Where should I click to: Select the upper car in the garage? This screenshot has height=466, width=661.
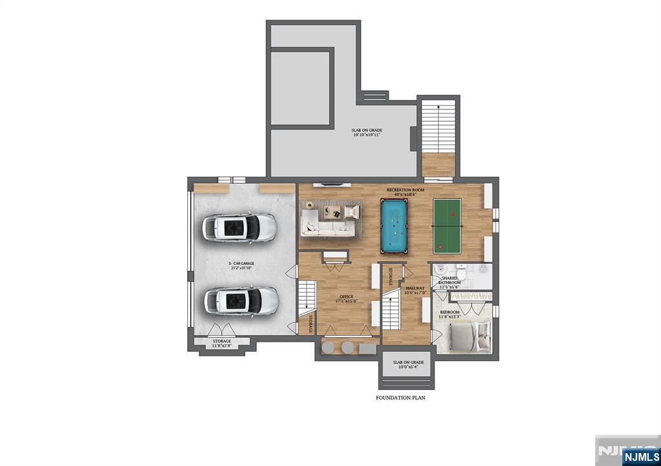tap(239, 227)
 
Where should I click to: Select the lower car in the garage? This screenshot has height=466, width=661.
tap(241, 300)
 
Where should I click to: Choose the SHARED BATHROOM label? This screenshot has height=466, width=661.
tap(450, 280)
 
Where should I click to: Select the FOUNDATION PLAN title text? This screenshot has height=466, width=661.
tap(400, 398)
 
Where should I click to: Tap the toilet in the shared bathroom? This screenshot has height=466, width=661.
tap(442, 269)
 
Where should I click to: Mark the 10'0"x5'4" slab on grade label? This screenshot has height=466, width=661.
tap(408, 365)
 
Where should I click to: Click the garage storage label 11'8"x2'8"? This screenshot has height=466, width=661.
tap(221, 343)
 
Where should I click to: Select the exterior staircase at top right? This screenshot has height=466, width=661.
tap(438, 126)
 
